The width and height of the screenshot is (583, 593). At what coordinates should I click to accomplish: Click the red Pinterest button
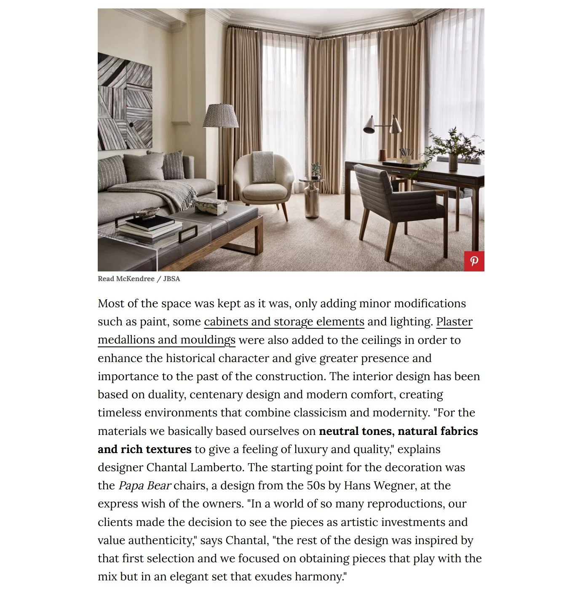pyautogui.click(x=474, y=261)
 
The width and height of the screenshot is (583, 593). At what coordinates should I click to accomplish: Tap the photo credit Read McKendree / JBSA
pyautogui.click(x=139, y=279)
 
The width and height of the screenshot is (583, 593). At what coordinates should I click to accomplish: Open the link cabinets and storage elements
pyautogui.click(x=284, y=322)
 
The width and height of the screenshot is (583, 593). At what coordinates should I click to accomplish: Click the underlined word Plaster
pyautogui.click(x=454, y=322)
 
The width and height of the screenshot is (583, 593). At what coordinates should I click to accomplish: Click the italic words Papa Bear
pyautogui.click(x=144, y=486)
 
